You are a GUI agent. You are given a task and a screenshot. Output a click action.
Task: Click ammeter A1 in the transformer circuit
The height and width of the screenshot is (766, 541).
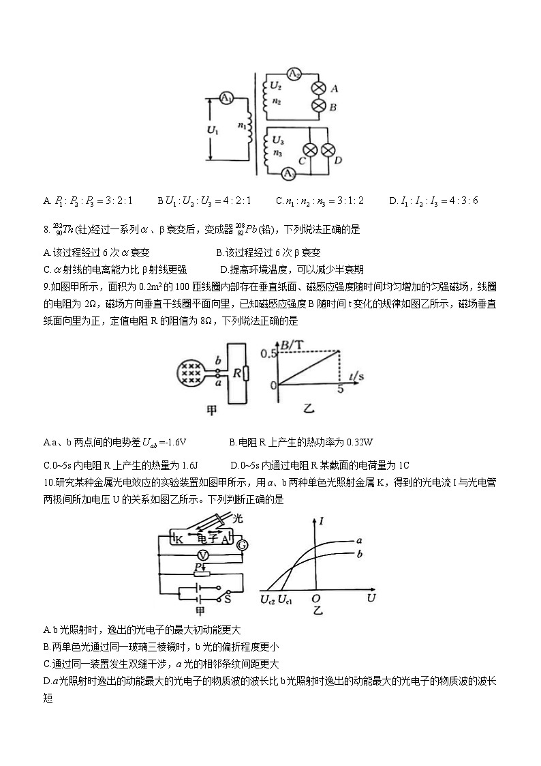(226, 98)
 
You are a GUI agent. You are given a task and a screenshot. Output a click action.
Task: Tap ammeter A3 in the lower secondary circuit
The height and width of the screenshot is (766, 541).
(289, 174)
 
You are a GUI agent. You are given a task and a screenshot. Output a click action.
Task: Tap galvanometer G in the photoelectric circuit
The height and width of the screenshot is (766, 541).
(241, 544)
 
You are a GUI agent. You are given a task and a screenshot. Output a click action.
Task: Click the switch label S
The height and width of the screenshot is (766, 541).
(228, 598)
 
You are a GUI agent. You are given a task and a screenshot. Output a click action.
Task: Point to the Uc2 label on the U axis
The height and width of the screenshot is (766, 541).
(267, 600)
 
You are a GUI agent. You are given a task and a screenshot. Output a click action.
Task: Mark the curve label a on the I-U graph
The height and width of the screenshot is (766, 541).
(359, 540)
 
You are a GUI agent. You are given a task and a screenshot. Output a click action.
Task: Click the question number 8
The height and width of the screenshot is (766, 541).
(45, 231)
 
